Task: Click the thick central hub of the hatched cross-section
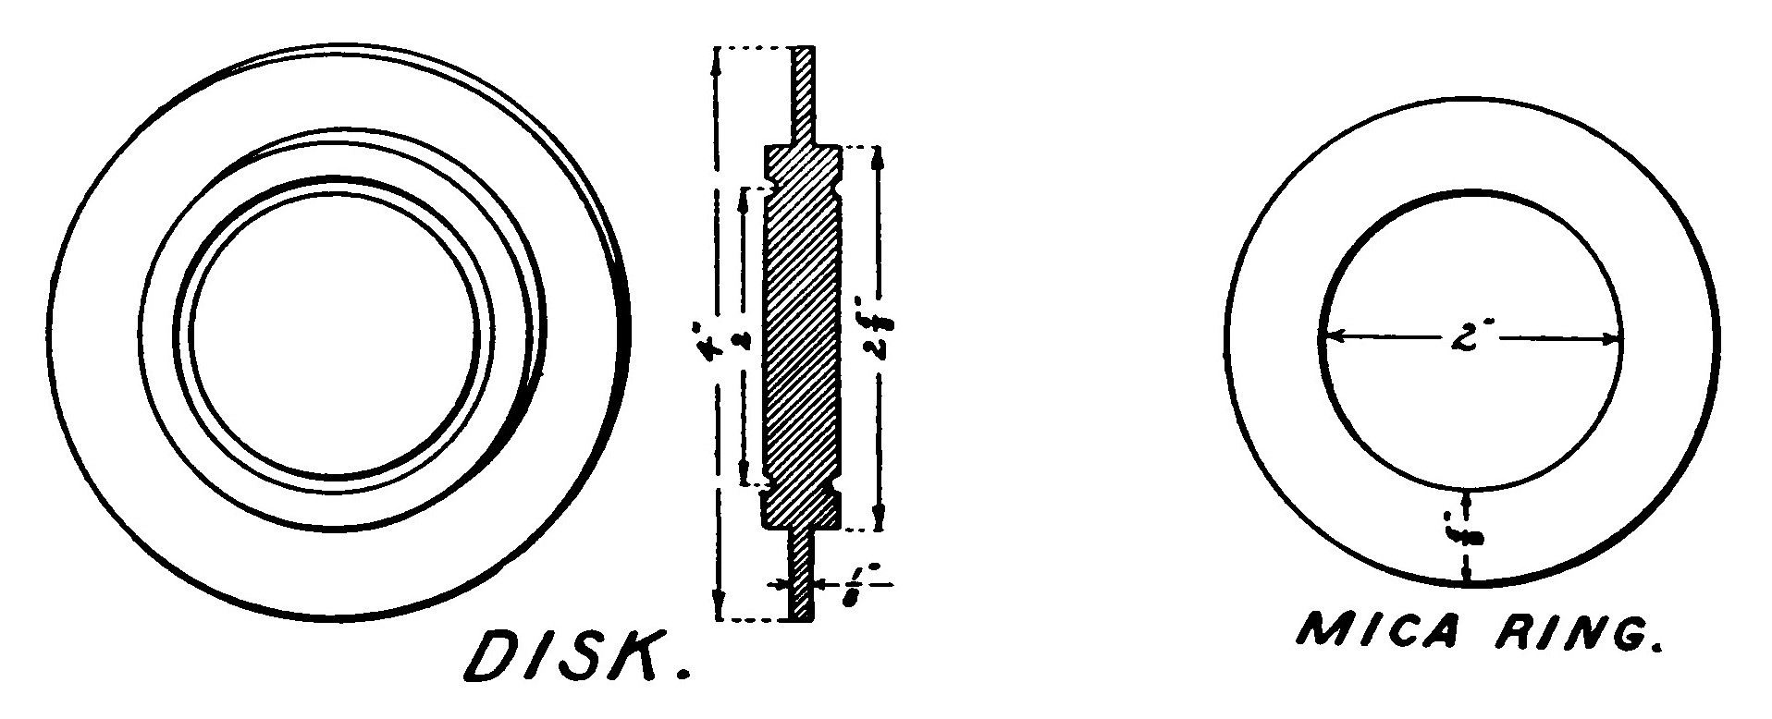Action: [x=801, y=337]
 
